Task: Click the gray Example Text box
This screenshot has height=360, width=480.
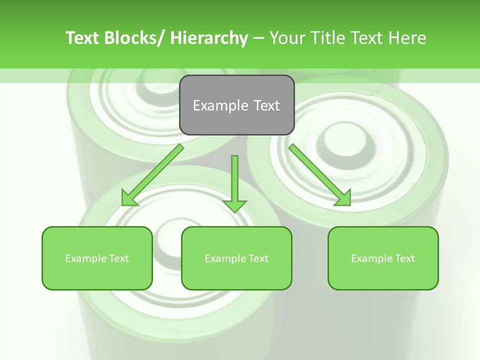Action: [x=236, y=105]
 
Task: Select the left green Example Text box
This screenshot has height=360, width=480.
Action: [x=97, y=258]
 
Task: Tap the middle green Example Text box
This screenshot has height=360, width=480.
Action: [x=236, y=258]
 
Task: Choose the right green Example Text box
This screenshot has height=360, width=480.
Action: [x=383, y=258]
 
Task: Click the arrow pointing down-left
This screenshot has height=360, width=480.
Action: [x=152, y=175]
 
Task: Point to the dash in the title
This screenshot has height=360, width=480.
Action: [x=258, y=38]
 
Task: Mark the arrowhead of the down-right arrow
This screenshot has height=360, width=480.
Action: [x=342, y=197]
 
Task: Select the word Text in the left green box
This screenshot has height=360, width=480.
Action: [x=119, y=258]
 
